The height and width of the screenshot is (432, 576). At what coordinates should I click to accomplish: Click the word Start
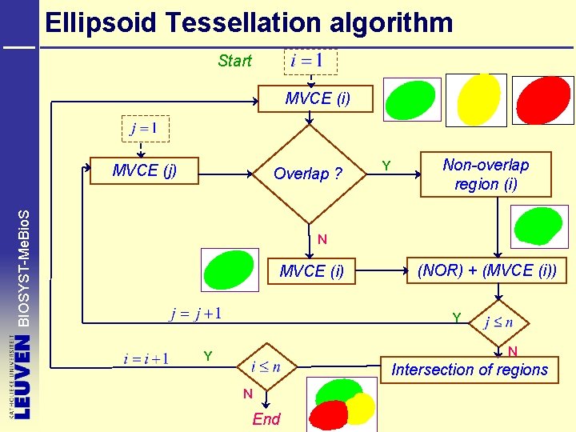pos(234,61)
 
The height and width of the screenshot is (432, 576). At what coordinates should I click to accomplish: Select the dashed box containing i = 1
pos(311,62)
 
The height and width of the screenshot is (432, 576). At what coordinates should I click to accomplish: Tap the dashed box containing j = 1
pos(145,128)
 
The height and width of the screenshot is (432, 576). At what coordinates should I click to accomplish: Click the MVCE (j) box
pos(145,170)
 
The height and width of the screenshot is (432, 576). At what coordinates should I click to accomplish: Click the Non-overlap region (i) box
pos(486,174)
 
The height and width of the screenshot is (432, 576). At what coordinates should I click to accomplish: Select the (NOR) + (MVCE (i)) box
pos(487,270)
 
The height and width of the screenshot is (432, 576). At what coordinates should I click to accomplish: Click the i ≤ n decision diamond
pos(266,367)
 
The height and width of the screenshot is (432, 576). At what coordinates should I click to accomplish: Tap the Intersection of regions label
pos(470,370)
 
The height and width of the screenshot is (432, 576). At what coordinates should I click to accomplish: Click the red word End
pos(266,419)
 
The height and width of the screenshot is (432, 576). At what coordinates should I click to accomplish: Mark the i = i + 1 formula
pos(146,358)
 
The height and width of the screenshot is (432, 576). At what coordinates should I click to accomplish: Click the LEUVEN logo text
pos(22,377)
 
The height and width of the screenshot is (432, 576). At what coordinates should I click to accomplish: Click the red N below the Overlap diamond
pos(322,239)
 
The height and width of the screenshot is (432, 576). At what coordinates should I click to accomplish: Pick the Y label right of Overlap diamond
pos(386,166)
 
